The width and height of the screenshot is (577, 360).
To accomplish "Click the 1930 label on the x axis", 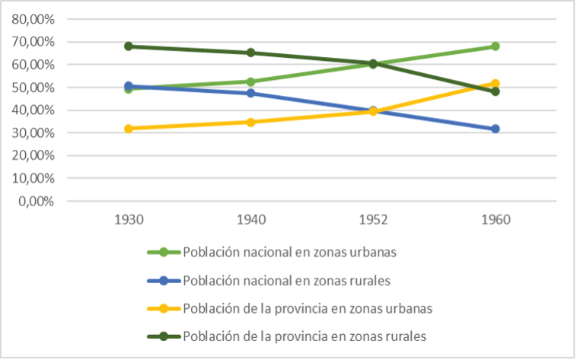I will [x=129, y=220].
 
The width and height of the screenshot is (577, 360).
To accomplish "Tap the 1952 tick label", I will [x=373, y=220].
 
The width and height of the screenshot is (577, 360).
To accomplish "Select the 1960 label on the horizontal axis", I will [x=495, y=220].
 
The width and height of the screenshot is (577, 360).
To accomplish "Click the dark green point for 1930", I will [x=129, y=46].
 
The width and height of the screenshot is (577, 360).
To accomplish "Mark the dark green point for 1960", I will [x=495, y=91].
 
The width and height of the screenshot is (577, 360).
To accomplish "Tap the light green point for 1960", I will [x=495, y=46].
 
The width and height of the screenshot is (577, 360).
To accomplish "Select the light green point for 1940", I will [x=251, y=81].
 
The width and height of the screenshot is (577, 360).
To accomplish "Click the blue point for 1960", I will [x=495, y=129].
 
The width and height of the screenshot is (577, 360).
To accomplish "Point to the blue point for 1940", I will [x=251, y=94].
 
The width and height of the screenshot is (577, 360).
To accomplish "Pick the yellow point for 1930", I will [x=129, y=129].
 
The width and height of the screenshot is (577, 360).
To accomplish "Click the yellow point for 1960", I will [x=495, y=84].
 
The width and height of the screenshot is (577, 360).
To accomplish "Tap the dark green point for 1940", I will [x=251, y=53].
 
